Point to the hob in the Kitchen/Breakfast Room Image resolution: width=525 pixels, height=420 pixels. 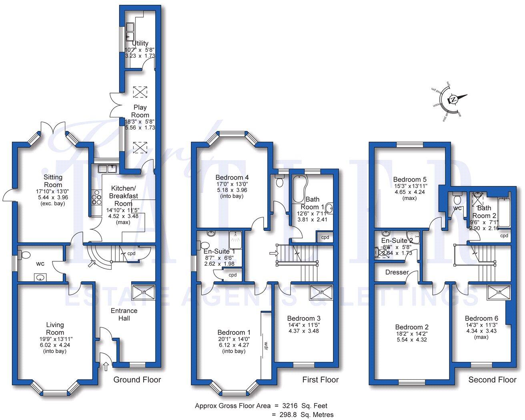[97, 197]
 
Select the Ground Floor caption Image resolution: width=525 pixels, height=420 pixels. [137, 380]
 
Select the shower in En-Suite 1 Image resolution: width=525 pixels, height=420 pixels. [236, 240]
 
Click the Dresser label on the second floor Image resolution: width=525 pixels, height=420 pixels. [397, 273]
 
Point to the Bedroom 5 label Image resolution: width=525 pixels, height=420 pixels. [407, 179]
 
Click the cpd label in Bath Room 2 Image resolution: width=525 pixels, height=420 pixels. [504, 236]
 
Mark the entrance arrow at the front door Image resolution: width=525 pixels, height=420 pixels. [106, 365]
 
